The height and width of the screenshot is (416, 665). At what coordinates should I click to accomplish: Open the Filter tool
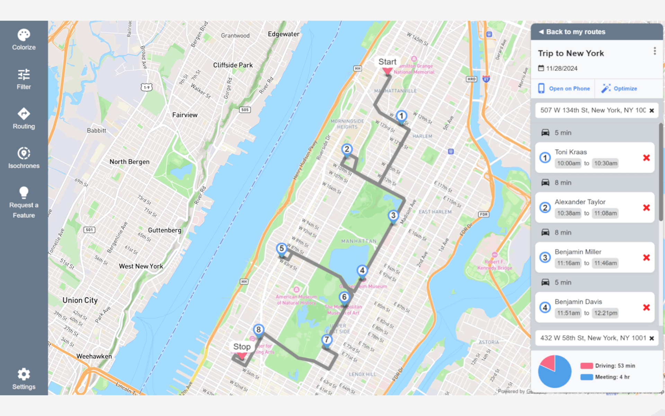pos(24,79)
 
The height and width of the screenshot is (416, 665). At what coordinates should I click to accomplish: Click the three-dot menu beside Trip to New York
pos(655,51)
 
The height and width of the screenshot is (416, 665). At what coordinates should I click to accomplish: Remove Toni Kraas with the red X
pos(646,158)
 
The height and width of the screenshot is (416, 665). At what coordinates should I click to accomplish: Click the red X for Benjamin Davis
pos(646,307)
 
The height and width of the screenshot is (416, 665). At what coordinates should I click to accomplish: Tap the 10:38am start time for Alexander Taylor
pos(569,213)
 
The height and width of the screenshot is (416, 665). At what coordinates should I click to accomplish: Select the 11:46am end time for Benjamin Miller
pos(605,263)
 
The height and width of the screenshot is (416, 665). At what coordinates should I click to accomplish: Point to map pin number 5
pos(282,249)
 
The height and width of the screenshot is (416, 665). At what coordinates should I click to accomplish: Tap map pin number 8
pos(258,330)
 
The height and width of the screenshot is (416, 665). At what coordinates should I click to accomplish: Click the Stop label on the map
pos(242,347)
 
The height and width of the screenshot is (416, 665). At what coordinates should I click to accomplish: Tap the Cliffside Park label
pos(233,65)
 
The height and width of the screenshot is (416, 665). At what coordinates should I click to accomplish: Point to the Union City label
pos(80,300)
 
